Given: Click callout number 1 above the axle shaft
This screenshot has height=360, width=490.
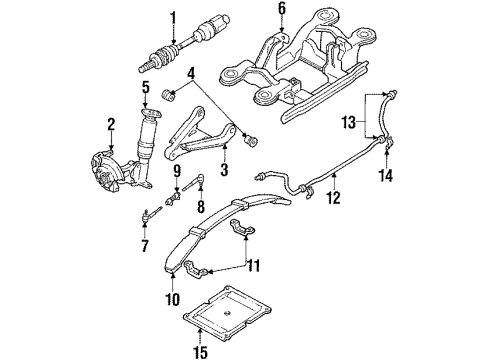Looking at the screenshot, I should (x=173, y=17).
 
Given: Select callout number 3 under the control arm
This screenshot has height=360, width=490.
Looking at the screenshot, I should (x=223, y=169).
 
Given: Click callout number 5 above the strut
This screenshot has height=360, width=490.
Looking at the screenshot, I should (x=145, y=88).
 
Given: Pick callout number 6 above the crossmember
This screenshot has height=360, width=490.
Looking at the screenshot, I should (x=281, y=10).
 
